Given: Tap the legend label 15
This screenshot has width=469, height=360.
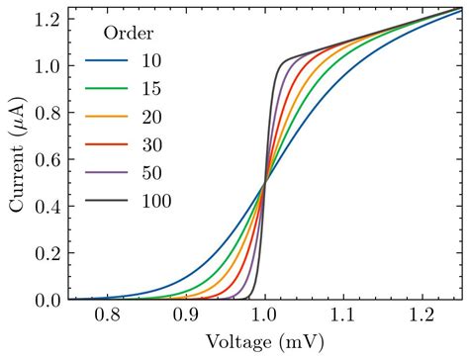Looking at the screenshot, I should [151, 90].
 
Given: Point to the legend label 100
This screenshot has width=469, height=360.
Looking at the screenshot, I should [156, 201].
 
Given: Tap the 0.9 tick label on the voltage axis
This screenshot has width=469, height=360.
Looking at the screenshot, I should [185, 316].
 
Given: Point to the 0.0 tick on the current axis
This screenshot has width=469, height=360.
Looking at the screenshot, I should [51, 300].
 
